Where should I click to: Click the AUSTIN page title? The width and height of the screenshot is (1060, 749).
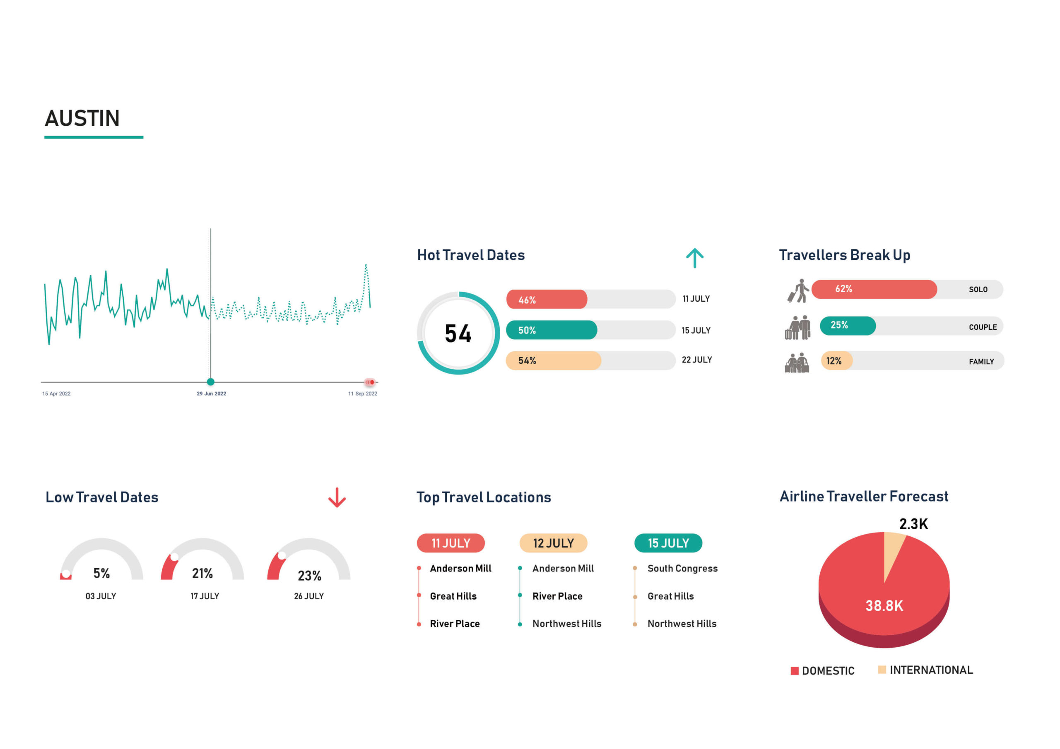82,119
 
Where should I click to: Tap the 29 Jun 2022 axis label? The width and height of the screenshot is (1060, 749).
212,394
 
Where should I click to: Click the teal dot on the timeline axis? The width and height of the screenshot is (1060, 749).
210,382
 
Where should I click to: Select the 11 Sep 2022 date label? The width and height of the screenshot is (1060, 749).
362,394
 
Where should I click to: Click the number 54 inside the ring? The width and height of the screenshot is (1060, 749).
458,334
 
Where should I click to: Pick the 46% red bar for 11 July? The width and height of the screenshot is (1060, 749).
547,300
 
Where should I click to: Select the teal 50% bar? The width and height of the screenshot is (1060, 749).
551,330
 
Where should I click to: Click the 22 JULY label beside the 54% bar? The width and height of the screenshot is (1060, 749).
697,360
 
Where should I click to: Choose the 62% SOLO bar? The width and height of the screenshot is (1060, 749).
874,289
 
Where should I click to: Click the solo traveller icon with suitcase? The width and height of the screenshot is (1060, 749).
798,291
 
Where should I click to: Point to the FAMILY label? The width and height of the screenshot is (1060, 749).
981,362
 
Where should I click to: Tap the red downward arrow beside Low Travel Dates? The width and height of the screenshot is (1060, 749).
337,497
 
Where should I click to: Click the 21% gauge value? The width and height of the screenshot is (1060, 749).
202,573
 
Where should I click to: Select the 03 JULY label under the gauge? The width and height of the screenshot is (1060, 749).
101,596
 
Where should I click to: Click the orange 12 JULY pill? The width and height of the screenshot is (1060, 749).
553,543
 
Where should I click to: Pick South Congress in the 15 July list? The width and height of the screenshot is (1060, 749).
682,569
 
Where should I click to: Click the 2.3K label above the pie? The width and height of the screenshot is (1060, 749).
913,524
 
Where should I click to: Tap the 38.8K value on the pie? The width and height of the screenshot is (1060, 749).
884,605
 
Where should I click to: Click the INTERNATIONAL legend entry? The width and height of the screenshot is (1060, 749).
926,670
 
